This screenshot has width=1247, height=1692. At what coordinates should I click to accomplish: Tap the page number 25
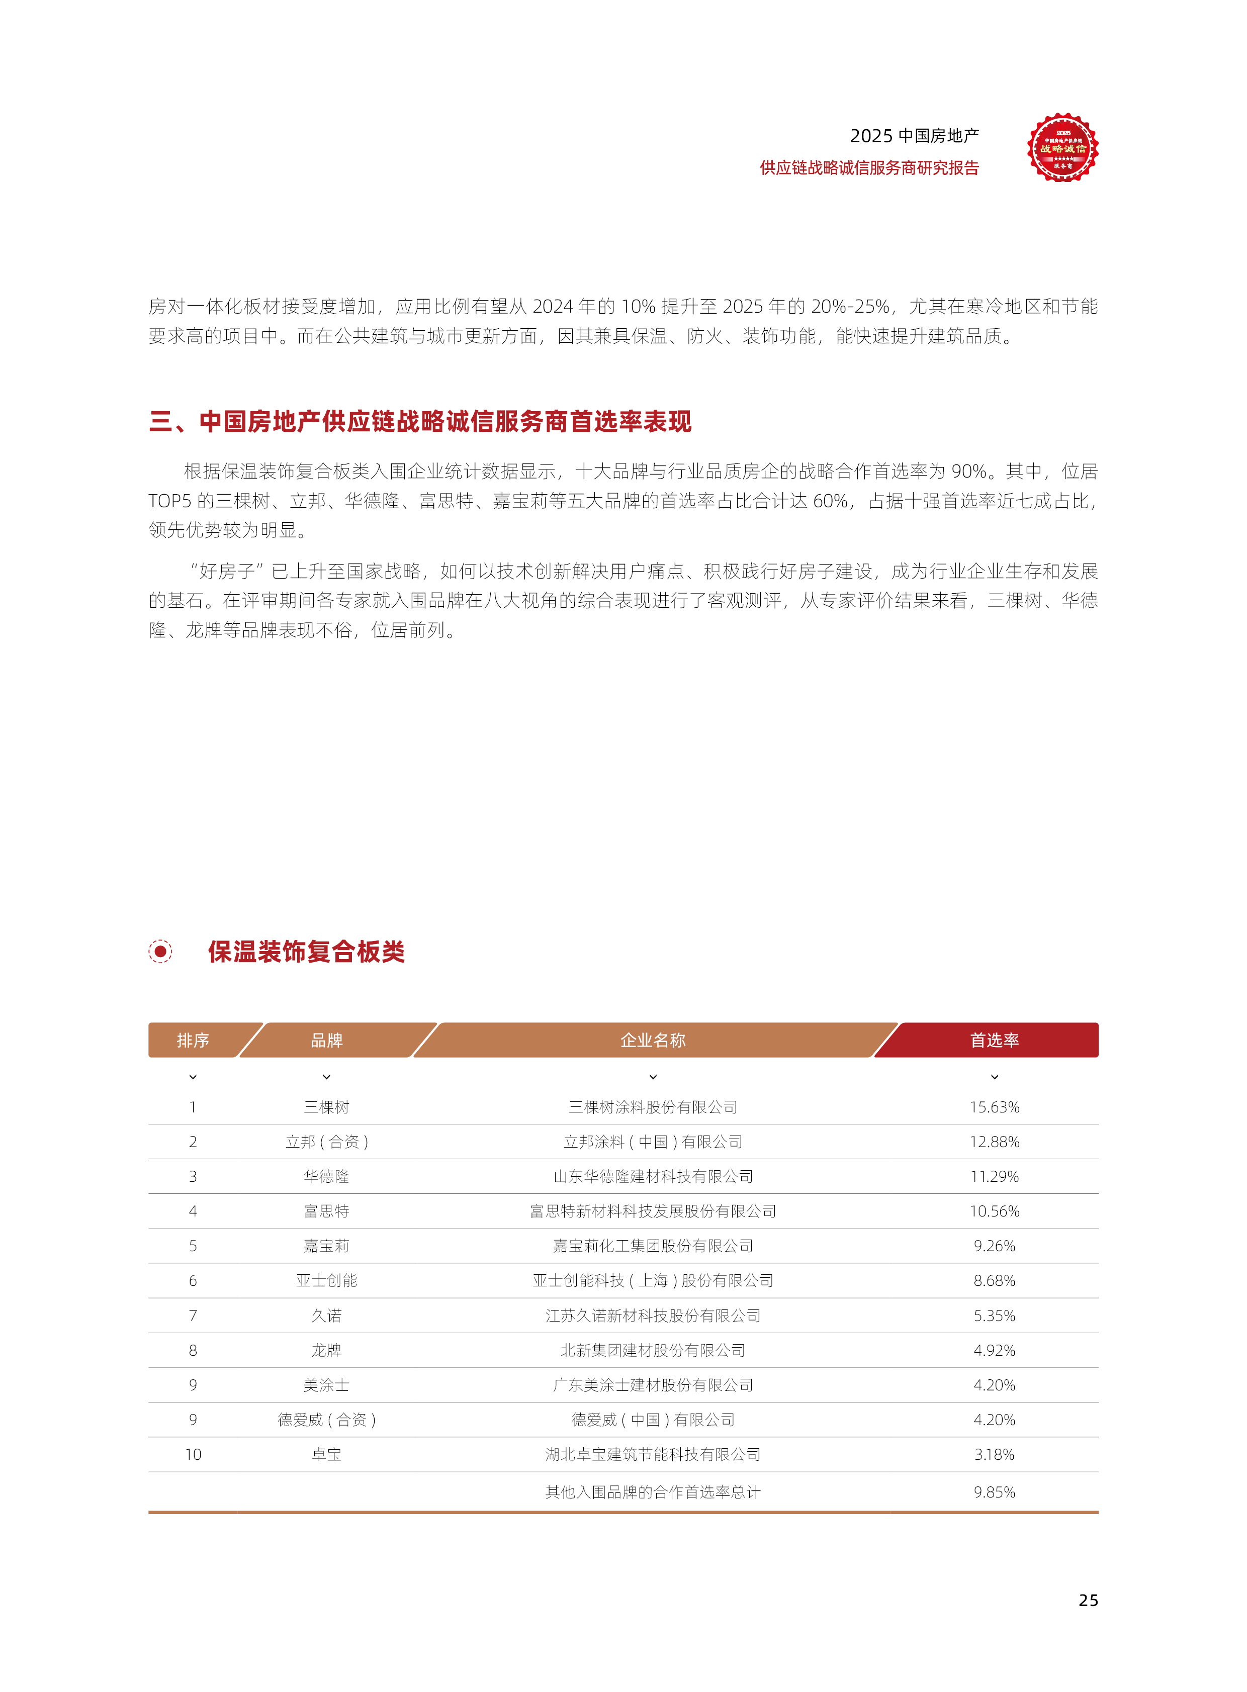[1088, 1600]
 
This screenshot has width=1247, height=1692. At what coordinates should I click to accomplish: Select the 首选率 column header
[994, 1040]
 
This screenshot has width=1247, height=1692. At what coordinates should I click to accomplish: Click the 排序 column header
[193, 1040]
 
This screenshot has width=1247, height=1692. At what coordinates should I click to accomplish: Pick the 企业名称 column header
[652, 1040]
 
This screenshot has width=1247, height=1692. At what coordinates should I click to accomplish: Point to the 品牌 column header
[326, 1040]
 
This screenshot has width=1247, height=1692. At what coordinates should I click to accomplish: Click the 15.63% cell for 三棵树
[994, 1107]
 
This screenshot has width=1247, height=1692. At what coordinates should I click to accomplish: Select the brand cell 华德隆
[326, 1177]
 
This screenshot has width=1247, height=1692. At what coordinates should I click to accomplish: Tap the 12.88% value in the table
[994, 1142]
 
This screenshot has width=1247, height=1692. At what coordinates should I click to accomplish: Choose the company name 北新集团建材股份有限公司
[652, 1350]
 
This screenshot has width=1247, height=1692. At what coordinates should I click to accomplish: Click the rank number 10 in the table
[193, 1454]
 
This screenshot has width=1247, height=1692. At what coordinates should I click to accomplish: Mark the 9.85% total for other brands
[994, 1492]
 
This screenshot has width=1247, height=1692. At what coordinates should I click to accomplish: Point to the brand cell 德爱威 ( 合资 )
[326, 1420]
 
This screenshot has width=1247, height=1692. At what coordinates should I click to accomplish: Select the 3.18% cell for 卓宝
[994, 1454]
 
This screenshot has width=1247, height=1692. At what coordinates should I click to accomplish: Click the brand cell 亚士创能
[326, 1281]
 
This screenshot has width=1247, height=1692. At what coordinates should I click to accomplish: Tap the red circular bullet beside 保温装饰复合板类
[160, 952]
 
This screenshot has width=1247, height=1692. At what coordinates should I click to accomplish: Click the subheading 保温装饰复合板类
[306, 952]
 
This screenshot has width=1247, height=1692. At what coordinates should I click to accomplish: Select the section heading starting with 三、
[420, 421]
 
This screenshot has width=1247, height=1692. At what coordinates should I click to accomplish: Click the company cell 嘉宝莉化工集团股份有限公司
[652, 1246]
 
